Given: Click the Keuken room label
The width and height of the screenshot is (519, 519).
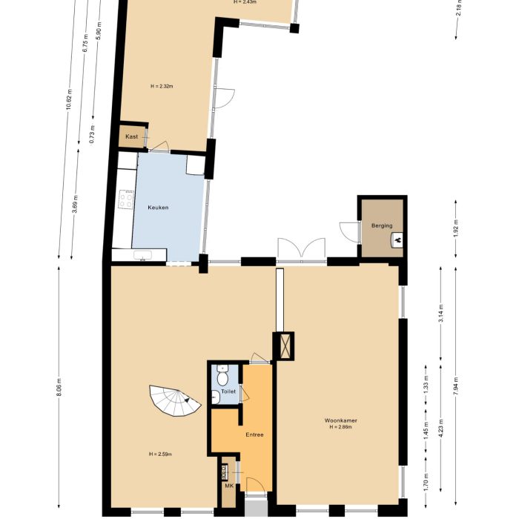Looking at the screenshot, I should tap(158, 208).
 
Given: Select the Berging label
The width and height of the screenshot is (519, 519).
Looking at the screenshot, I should tap(382, 225).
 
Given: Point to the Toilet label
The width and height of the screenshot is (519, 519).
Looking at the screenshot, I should tap(228, 390).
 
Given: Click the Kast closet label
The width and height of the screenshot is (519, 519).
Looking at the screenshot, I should tap(131, 137).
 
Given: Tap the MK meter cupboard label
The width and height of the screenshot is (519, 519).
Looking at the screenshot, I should tap(228, 486).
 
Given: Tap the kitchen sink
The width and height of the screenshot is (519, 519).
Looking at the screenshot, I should tap(141, 255).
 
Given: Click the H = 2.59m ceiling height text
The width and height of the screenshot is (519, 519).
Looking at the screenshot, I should tap(161, 454).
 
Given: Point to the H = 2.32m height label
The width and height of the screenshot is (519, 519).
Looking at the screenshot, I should tap(161, 87).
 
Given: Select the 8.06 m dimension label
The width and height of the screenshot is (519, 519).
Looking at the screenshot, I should tap(59, 388).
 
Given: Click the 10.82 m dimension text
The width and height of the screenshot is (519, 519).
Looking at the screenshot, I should tap(69, 100).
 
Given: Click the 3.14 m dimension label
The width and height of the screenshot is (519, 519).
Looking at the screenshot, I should tap(441, 314).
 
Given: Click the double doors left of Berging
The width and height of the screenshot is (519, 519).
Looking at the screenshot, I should tap(300, 248).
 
